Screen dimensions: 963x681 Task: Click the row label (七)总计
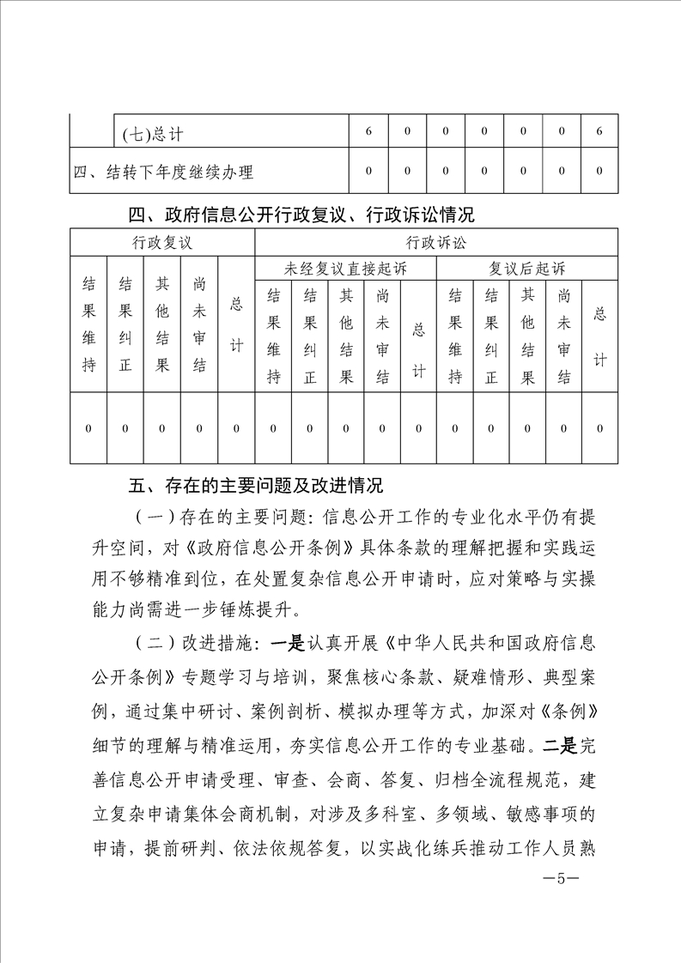coord(154,133)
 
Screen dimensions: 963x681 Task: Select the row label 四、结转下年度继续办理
coord(163,172)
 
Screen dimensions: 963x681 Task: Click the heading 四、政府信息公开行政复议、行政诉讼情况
coord(301,213)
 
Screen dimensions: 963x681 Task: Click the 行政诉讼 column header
coord(436,242)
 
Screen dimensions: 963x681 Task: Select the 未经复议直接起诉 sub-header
coord(345,269)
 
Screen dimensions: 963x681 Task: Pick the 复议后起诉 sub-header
coord(527,269)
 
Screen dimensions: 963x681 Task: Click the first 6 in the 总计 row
coord(368,132)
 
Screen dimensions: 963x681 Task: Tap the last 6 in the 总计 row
coord(599,132)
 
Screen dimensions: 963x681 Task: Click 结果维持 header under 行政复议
coord(88,324)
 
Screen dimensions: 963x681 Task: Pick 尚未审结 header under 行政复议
coord(199,324)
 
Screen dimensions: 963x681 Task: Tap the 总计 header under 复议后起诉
coord(599,336)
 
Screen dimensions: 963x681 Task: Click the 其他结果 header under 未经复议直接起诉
coord(346,336)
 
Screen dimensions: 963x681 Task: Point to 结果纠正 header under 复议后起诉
coord(491,336)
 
